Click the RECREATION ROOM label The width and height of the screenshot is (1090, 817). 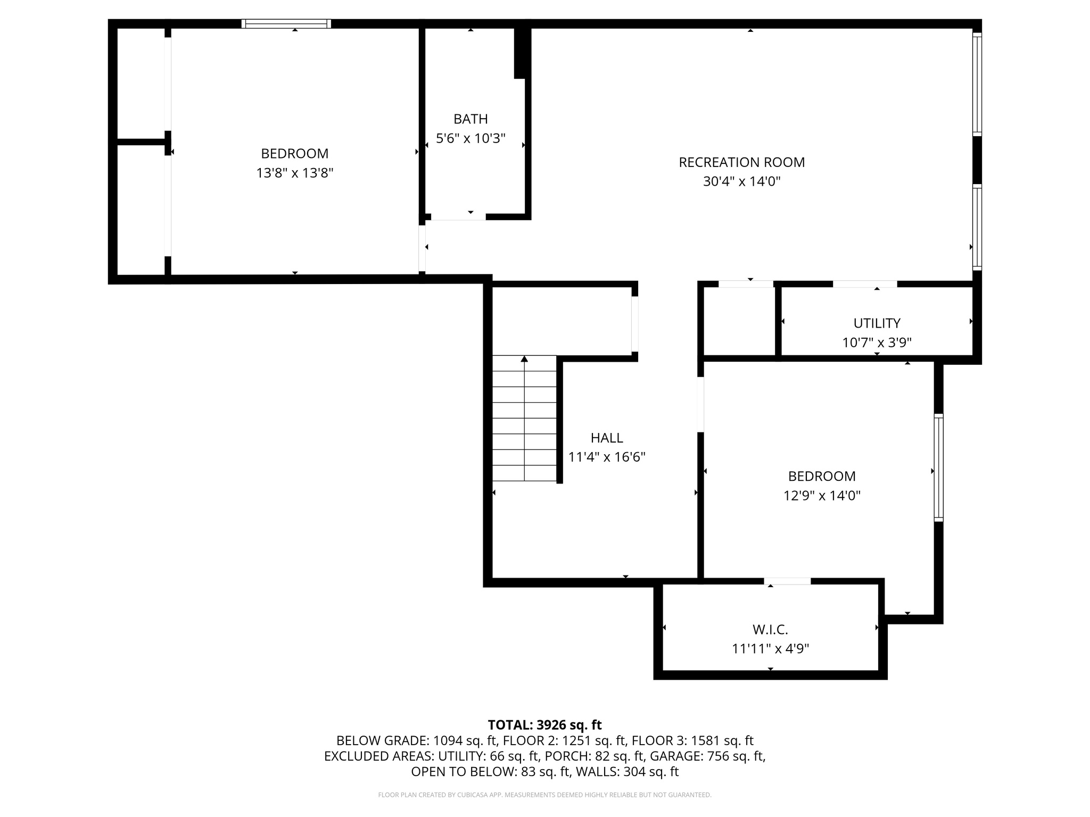[x=741, y=162]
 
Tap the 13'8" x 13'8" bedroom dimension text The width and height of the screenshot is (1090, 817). [x=294, y=173]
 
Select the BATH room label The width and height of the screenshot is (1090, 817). [x=470, y=119]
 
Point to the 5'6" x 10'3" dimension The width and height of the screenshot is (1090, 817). [x=470, y=139]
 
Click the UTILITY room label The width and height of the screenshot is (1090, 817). [x=877, y=323]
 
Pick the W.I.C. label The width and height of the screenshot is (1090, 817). [x=770, y=630]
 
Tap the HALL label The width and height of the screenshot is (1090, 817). [x=606, y=438]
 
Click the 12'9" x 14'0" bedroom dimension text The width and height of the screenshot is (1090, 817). [x=822, y=496]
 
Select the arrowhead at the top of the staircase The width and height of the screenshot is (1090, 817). [x=524, y=359]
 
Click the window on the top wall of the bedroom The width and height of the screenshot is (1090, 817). [x=286, y=23]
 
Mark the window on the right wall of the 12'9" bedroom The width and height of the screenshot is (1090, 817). [x=938, y=468]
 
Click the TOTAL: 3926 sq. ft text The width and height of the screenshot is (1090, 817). [x=544, y=725]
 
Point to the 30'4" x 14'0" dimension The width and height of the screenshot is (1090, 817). [x=741, y=182]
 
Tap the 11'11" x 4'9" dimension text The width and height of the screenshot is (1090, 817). [x=770, y=649]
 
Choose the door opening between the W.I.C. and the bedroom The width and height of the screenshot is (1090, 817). [x=788, y=581]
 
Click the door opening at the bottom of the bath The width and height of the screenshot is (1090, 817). [x=458, y=216]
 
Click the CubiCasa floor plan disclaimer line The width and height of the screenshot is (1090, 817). [x=544, y=795]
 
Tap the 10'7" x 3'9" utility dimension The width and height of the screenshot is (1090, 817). [x=877, y=343]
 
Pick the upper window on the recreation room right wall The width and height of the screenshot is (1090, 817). [x=977, y=84]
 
